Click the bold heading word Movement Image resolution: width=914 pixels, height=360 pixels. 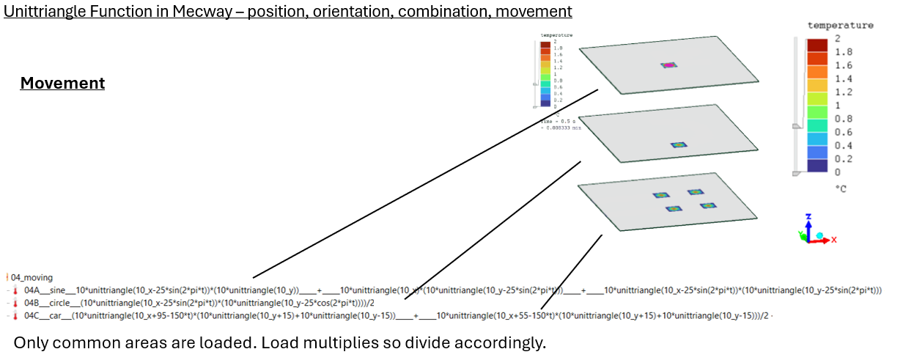62,84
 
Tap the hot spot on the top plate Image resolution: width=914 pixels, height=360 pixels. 668,65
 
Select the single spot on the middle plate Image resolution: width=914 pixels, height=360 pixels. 679,145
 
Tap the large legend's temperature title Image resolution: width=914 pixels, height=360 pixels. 840,25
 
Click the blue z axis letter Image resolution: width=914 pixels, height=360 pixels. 807,218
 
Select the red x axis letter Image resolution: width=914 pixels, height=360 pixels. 834,239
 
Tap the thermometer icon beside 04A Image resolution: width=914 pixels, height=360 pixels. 15,290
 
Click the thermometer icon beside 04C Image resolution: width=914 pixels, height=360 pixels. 15,315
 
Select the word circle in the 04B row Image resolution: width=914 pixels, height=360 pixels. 60,303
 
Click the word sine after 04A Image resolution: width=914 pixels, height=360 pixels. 58,290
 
